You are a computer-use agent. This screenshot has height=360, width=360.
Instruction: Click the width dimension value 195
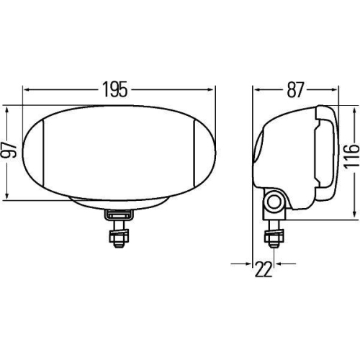point(119,90)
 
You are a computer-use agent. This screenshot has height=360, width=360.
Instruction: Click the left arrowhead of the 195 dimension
point(27,90)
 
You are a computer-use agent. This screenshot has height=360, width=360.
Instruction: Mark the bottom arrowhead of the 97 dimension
point(7,196)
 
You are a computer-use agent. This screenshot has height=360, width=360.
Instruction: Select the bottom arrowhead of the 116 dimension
point(354,215)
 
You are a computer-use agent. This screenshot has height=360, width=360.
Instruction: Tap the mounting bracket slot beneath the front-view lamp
point(117,215)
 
